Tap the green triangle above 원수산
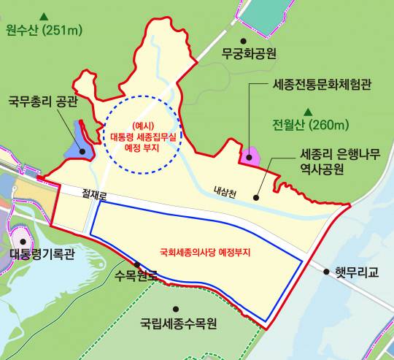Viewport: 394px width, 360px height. (45, 15)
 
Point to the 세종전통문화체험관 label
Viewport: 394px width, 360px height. (321, 85)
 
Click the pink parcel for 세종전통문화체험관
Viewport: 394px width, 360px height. (250, 156)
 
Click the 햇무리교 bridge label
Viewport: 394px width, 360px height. (359, 271)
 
